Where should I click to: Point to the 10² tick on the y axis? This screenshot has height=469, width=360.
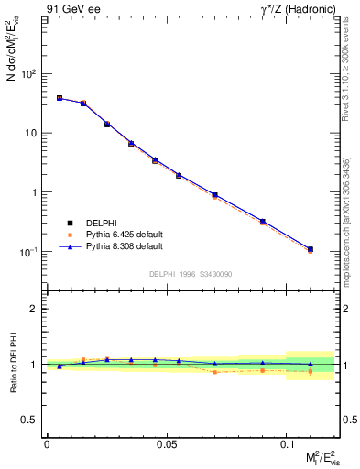tap(28, 73)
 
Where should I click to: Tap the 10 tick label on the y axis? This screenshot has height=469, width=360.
tap(30, 133)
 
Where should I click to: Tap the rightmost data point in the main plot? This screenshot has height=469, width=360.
tap(311, 249)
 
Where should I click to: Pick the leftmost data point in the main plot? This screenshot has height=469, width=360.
tap(60, 98)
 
